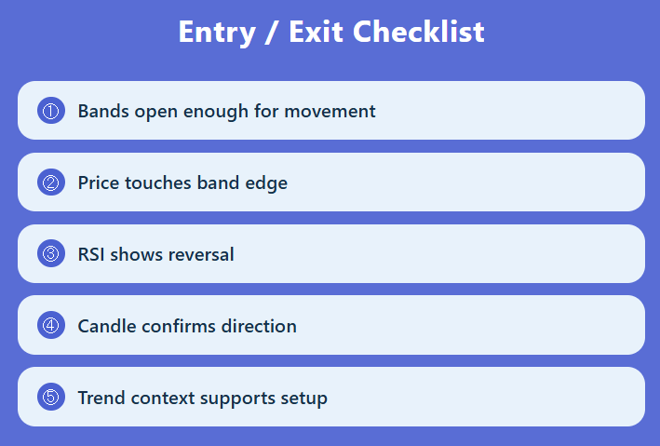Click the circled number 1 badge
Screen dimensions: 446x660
point(50,111)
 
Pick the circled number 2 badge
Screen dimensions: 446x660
point(50,182)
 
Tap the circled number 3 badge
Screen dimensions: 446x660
point(50,253)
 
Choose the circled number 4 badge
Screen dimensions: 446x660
point(50,325)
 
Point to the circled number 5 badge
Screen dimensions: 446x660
point(50,397)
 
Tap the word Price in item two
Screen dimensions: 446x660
point(99,183)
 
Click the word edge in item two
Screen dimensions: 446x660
point(266,183)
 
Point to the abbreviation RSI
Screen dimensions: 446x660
point(91,254)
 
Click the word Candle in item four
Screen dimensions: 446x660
point(105,326)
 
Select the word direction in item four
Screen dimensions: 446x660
point(260,326)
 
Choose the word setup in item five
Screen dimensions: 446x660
point(303,399)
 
